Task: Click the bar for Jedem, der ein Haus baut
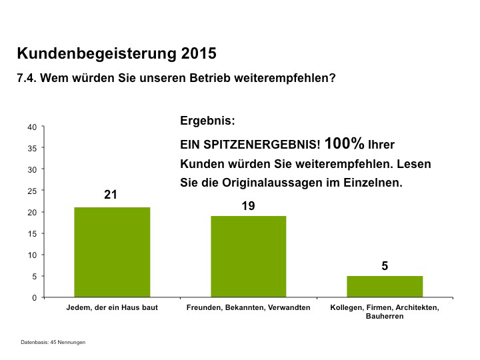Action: [x=112, y=252]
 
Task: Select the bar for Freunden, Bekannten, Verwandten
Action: [x=248, y=256]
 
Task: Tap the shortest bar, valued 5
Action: [x=385, y=286]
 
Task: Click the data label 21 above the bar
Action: [x=111, y=195]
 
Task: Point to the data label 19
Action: [x=248, y=206]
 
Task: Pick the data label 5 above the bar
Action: [x=385, y=266]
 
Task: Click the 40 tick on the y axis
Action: [x=32, y=127]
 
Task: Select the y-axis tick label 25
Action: [x=32, y=191]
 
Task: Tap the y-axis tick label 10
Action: [x=32, y=255]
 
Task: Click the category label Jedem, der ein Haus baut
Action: [x=112, y=307]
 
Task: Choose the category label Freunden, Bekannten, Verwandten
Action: [x=248, y=307]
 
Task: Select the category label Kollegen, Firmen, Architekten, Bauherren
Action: [x=385, y=311]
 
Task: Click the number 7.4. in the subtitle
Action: [x=27, y=78]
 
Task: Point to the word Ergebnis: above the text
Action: [x=207, y=122]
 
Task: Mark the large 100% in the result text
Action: [x=344, y=143]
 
